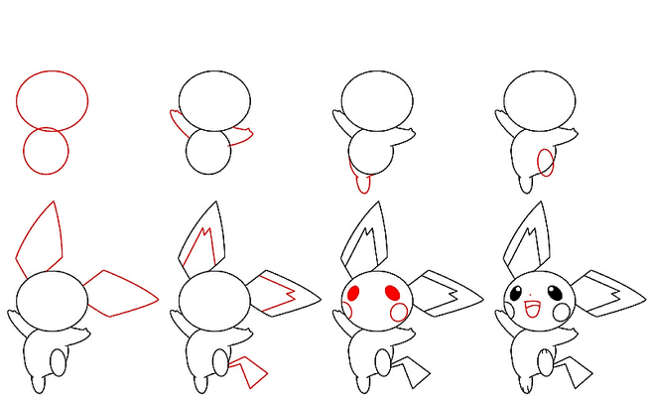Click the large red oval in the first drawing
(x=52, y=100)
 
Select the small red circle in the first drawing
(x=46, y=151)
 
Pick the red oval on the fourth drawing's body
(x=545, y=161)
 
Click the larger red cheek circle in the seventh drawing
(x=399, y=313)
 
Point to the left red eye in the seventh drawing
(x=355, y=293)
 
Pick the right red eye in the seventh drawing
(x=391, y=293)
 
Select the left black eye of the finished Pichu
(x=517, y=293)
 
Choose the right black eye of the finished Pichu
(x=554, y=293)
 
